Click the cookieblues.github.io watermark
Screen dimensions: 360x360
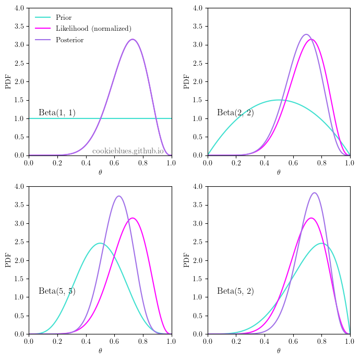(x=128, y=151)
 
